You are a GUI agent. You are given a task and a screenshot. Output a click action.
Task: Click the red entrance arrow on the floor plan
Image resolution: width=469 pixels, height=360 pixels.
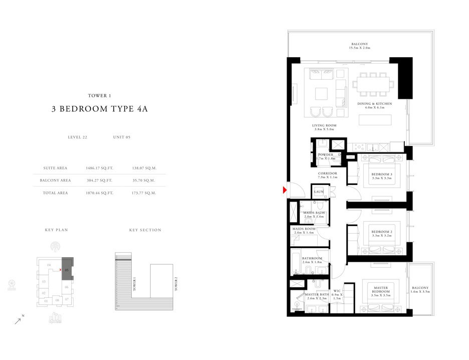click(x=284, y=190)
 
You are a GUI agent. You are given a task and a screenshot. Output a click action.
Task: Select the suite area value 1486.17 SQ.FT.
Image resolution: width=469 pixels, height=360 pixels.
click(x=100, y=168)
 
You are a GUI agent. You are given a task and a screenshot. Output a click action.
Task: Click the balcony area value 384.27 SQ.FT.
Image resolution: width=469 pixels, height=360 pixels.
click(x=100, y=181)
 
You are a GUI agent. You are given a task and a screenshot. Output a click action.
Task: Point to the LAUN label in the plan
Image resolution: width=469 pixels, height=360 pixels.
click(x=319, y=192)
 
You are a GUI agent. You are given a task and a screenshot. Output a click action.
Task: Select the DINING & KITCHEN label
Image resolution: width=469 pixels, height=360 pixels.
click(x=374, y=104)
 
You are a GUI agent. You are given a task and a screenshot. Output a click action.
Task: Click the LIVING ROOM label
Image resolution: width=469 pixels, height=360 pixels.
click(x=324, y=125)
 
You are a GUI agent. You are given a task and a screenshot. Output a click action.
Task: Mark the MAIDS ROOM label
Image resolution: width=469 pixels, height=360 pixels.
click(x=303, y=229)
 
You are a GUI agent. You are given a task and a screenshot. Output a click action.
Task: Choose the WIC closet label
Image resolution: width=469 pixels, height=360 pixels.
click(x=338, y=291)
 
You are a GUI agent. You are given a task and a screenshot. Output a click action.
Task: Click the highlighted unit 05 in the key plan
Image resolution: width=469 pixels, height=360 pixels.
click(x=67, y=269)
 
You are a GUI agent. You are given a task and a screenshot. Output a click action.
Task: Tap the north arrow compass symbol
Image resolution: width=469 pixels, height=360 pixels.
click(x=18, y=321)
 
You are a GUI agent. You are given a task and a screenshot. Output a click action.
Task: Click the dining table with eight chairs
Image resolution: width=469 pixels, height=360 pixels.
click(x=371, y=84)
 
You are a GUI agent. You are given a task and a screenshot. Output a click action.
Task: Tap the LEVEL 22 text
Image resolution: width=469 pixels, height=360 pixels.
click(x=78, y=137)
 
